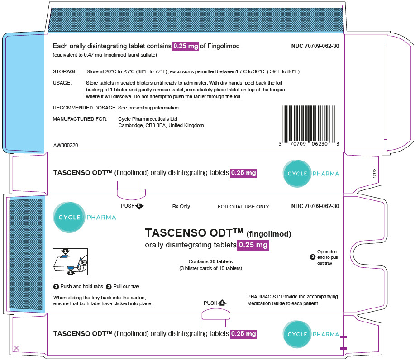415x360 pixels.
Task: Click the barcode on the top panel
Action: (309, 126)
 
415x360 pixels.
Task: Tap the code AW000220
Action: (66, 145)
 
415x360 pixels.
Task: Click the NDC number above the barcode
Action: (315, 46)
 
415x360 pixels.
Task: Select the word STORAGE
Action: (66, 71)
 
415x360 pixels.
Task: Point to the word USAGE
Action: (62, 83)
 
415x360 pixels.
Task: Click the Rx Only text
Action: (181, 206)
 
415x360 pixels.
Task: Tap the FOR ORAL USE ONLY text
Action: (243, 207)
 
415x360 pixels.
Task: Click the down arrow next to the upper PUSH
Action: (139, 206)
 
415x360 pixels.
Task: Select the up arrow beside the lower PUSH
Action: (222, 303)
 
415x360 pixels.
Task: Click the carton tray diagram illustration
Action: (71, 262)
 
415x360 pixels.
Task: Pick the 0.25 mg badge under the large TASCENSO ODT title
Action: (253, 245)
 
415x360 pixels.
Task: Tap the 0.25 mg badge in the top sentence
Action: (186, 46)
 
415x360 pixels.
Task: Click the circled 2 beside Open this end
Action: (313, 257)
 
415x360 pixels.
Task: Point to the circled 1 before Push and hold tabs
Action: (56, 287)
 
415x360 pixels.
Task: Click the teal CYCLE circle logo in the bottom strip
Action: (297, 334)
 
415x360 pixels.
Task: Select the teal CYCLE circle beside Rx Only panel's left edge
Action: (69, 217)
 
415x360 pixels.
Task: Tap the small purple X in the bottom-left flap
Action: (16, 348)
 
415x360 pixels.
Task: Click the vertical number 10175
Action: (374, 173)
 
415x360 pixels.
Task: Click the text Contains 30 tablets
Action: (211, 261)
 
